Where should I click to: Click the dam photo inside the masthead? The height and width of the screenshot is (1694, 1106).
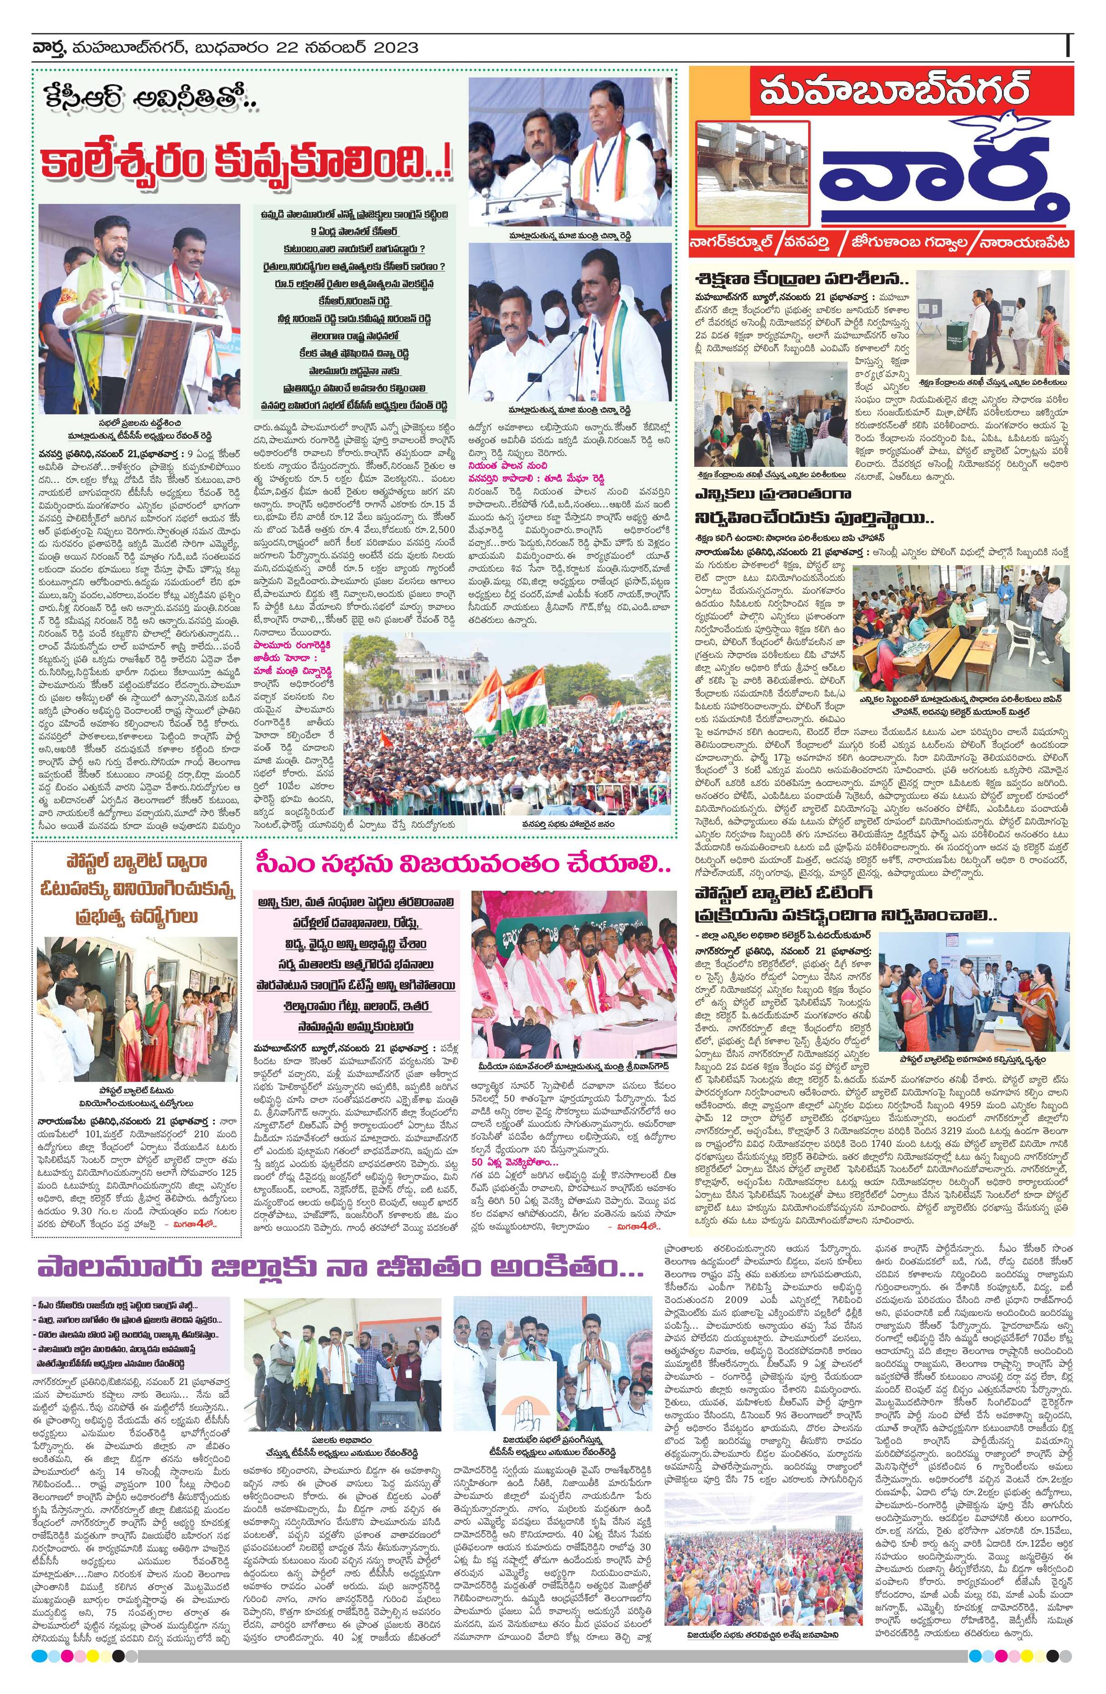click(754, 171)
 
